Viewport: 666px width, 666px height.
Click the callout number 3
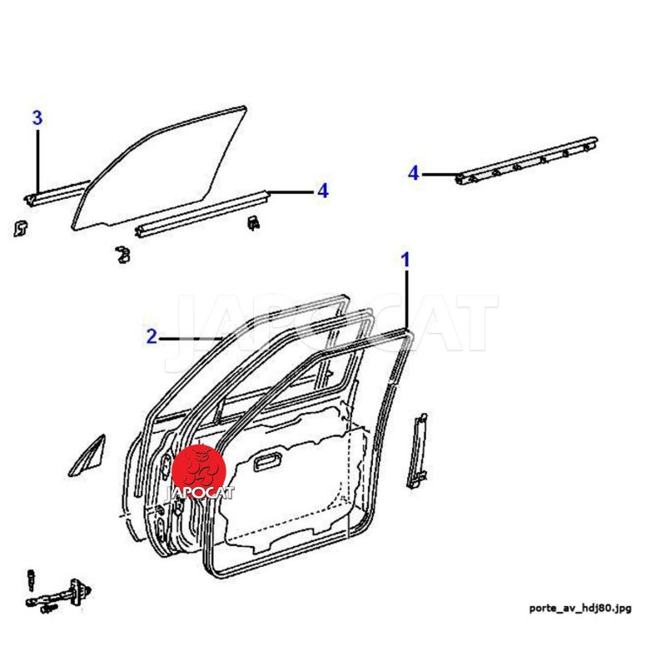pyautogui.click(x=37, y=118)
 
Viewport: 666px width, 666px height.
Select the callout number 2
pyautogui.click(x=152, y=337)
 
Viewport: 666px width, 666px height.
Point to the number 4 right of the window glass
pyautogui.click(x=323, y=191)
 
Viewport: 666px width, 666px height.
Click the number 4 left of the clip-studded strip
pyautogui.click(x=414, y=174)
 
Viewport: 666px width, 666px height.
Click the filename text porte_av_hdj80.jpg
pyautogui.click(x=580, y=608)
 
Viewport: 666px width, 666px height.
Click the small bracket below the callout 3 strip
pyautogui.click(x=22, y=226)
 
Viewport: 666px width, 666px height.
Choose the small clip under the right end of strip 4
pyautogui.click(x=252, y=223)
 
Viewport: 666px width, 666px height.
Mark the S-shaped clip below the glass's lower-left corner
pyautogui.click(x=124, y=253)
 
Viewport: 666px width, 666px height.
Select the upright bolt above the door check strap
pyautogui.click(x=32, y=576)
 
